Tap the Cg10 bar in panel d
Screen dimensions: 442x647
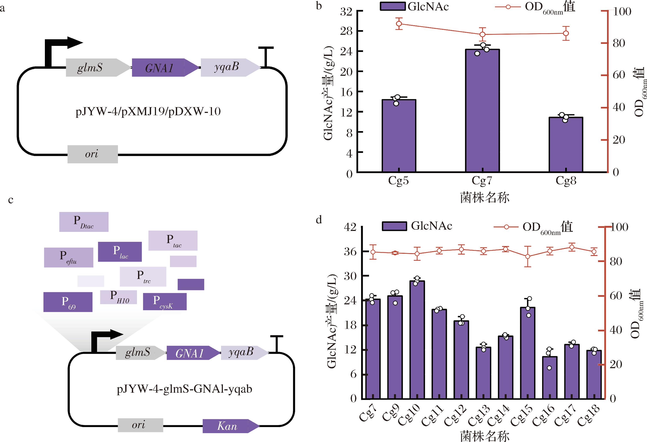pyautogui.click(x=417, y=339)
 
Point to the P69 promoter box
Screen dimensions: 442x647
pyautogui.click(x=68, y=302)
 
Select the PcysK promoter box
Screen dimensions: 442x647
pyautogui.click(x=165, y=302)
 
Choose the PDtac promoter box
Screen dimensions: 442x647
pyautogui.click(x=84, y=222)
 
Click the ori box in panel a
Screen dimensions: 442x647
pyautogui.click(x=93, y=154)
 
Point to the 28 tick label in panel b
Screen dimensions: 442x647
pyautogui.click(x=346, y=31)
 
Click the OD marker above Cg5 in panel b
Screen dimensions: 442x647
pyautogui.click(x=399, y=24)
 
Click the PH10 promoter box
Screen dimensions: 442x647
pyautogui.click(x=119, y=297)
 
